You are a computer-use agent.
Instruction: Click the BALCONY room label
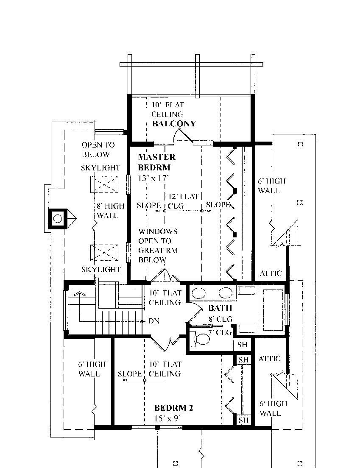pos(174,124)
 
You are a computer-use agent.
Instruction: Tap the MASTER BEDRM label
pos(156,162)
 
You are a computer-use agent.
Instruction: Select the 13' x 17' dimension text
pos(154,178)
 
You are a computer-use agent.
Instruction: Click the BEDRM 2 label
pos(174,408)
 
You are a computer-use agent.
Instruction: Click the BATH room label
pos(220,308)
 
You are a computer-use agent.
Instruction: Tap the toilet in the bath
pos(202,339)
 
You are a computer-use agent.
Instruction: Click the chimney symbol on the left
pos(58,219)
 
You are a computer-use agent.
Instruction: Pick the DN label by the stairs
pos(154,321)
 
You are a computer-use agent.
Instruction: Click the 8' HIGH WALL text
pos(111,211)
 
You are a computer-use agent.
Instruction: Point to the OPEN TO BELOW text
pos(96,150)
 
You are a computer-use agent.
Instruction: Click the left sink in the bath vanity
pos(197,292)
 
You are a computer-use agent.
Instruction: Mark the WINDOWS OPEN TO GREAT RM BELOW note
pos(157,245)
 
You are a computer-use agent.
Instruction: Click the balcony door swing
pos(184,136)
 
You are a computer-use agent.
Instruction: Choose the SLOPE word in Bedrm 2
pos(130,374)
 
